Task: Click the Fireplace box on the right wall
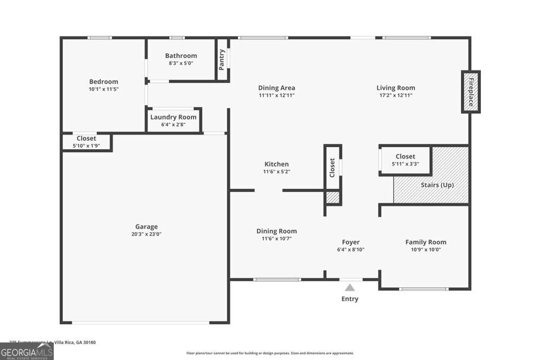(471, 92)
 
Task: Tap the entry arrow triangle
(350, 288)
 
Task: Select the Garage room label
(146, 227)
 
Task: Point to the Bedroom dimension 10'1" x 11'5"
(103, 90)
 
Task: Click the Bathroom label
(181, 55)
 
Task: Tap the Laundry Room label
(173, 117)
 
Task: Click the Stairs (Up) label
(437, 185)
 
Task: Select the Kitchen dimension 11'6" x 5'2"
(276, 172)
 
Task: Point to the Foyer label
(351, 242)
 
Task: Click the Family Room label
(426, 242)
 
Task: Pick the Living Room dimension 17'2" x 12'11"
(396, 95)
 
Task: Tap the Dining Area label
(276, 88)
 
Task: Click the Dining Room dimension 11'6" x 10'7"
(276, 239)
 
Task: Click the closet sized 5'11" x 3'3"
(405, 160)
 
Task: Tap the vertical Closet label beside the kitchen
(332, 168)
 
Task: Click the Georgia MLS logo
(26, 351)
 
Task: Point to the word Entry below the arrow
(350, 299)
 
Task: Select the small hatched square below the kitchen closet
(332, 198)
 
